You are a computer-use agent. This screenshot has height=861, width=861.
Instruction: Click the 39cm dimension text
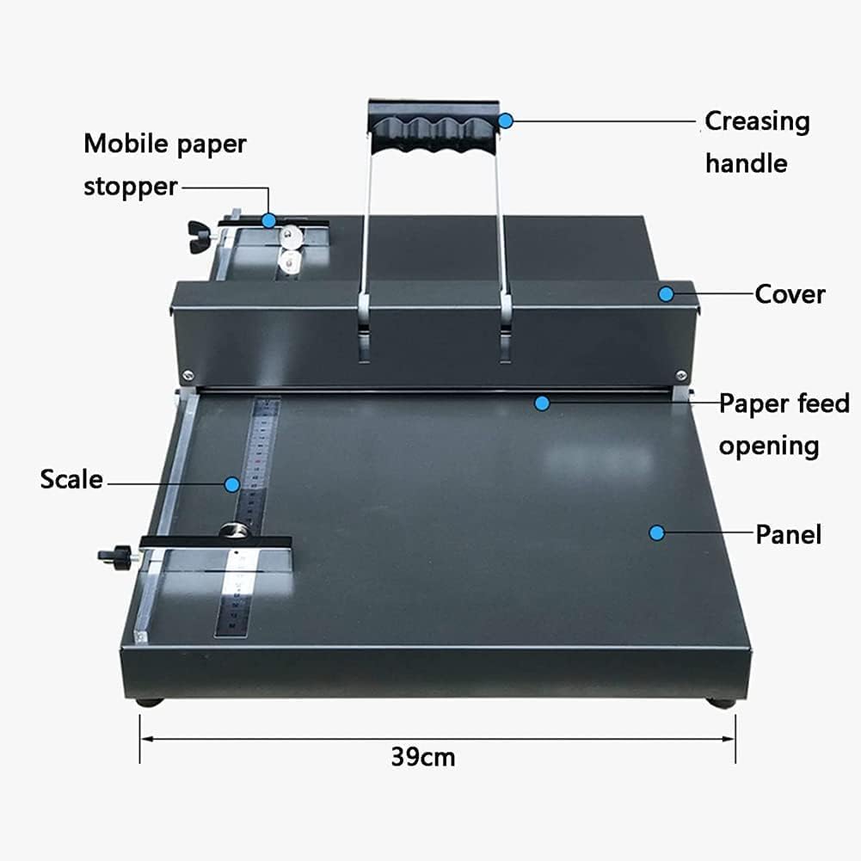tap(422, 758)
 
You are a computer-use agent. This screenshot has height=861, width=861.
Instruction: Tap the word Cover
tap(790, 295)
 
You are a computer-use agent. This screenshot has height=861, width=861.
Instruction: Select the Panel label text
tap(788, 535)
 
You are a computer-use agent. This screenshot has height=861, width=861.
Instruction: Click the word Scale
tap(71, 480)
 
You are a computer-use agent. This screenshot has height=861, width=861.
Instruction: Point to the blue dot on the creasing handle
tap(506, 121)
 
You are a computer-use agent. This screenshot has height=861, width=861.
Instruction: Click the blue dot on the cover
tap(666, 294)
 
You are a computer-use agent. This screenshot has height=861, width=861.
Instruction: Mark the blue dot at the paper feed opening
tap(542, 402)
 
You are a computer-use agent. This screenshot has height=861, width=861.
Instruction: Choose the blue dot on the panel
tap(656, 532)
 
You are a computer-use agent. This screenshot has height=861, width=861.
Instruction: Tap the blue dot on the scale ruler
tap(232, 484)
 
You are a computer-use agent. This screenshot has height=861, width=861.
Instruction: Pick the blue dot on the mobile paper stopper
tap(269, 220)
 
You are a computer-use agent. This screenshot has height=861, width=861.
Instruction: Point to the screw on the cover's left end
tap(187, 374)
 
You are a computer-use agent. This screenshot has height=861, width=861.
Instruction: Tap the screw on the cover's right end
tap(681, 374)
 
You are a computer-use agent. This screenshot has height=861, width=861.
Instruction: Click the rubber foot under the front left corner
tap(150, 701)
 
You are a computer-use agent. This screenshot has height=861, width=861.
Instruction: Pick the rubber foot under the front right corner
tap(722, 702)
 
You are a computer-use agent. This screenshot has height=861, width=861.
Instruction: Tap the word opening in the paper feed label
tap(769, 446)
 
